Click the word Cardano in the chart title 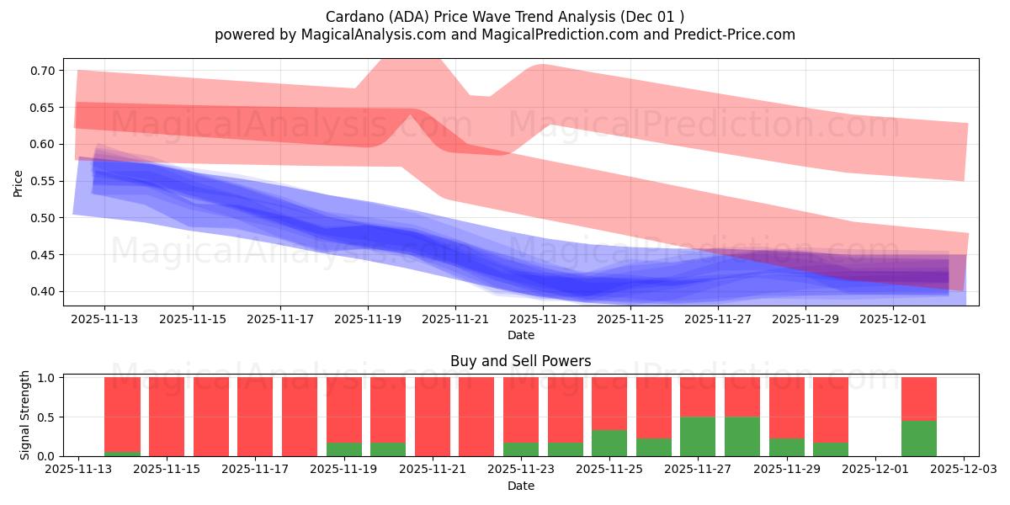click(x=351, y=16)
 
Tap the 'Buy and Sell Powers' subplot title click(x=520, y=361)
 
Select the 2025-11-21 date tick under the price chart click(x=455, y=320)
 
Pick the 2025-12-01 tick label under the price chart click(x=894, y=320)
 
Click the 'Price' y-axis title click(x=18, y=183)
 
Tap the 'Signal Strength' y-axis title click(x=25, y=415)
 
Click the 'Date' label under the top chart click(x=520, y=335)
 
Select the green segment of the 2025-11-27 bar click(x=698, y=436)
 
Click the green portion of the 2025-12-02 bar click(x=919, y=438)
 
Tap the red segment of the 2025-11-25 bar click(x=609, y=403)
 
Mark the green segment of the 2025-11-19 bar click(x=343, y=449)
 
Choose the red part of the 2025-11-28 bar click(x=742, y=396)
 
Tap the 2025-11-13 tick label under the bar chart click(x=78, y=470)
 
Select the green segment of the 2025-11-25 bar click(x=609, y=443)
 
